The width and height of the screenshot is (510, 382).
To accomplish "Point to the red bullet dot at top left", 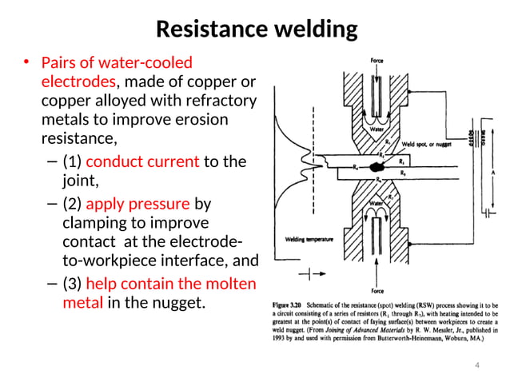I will [26, 62].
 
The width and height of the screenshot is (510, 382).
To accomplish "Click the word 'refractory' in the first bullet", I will [219, 101].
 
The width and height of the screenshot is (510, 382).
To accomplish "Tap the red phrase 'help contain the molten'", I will [170, 285].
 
